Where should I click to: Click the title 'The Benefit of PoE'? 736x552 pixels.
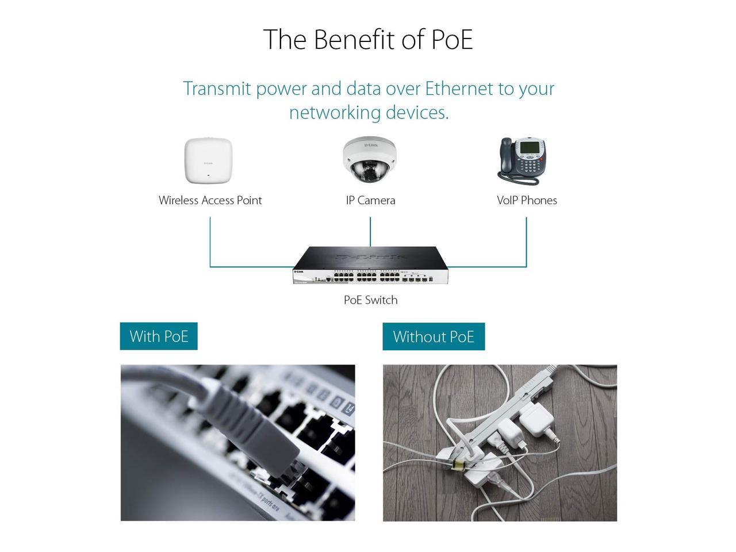click(368, 40)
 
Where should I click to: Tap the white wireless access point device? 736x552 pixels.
click(208, 160)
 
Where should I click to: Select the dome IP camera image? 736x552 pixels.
click(370, 159)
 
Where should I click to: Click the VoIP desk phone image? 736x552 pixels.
click(522, 161)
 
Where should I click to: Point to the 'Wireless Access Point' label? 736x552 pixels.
click(210, 201)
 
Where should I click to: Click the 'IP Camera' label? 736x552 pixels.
click(370, 201)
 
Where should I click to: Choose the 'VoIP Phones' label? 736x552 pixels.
click(527, 201)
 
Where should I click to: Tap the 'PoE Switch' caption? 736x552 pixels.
click(370, 300)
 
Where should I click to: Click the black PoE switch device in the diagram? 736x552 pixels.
click(370, 265)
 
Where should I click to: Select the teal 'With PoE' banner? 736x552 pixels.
click(159, 336)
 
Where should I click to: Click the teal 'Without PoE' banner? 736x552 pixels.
click(434, 336)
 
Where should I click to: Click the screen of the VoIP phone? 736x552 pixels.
click(530, 147)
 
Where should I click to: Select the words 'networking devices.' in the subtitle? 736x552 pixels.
click(369, 113)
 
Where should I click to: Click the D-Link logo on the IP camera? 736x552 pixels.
click(371, 145)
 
